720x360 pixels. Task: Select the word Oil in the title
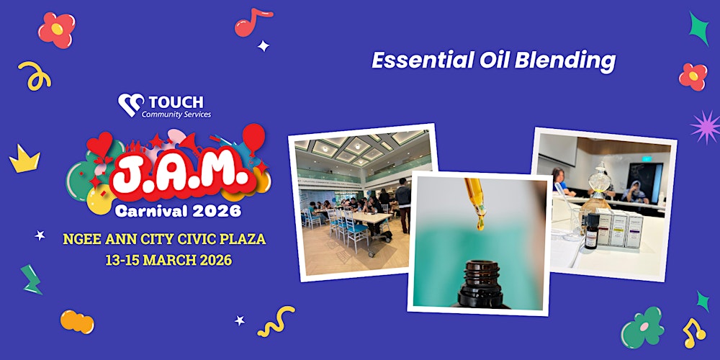click(496, 61)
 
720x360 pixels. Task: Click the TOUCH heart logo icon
click(130, 105)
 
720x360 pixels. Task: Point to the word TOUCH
click(176, 102)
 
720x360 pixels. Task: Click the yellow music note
click(693, 333)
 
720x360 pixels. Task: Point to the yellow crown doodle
click(24, 158)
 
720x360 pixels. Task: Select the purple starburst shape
click(704, 127)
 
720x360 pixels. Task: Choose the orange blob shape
click(77, 321)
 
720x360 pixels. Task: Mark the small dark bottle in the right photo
click(591, 231)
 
